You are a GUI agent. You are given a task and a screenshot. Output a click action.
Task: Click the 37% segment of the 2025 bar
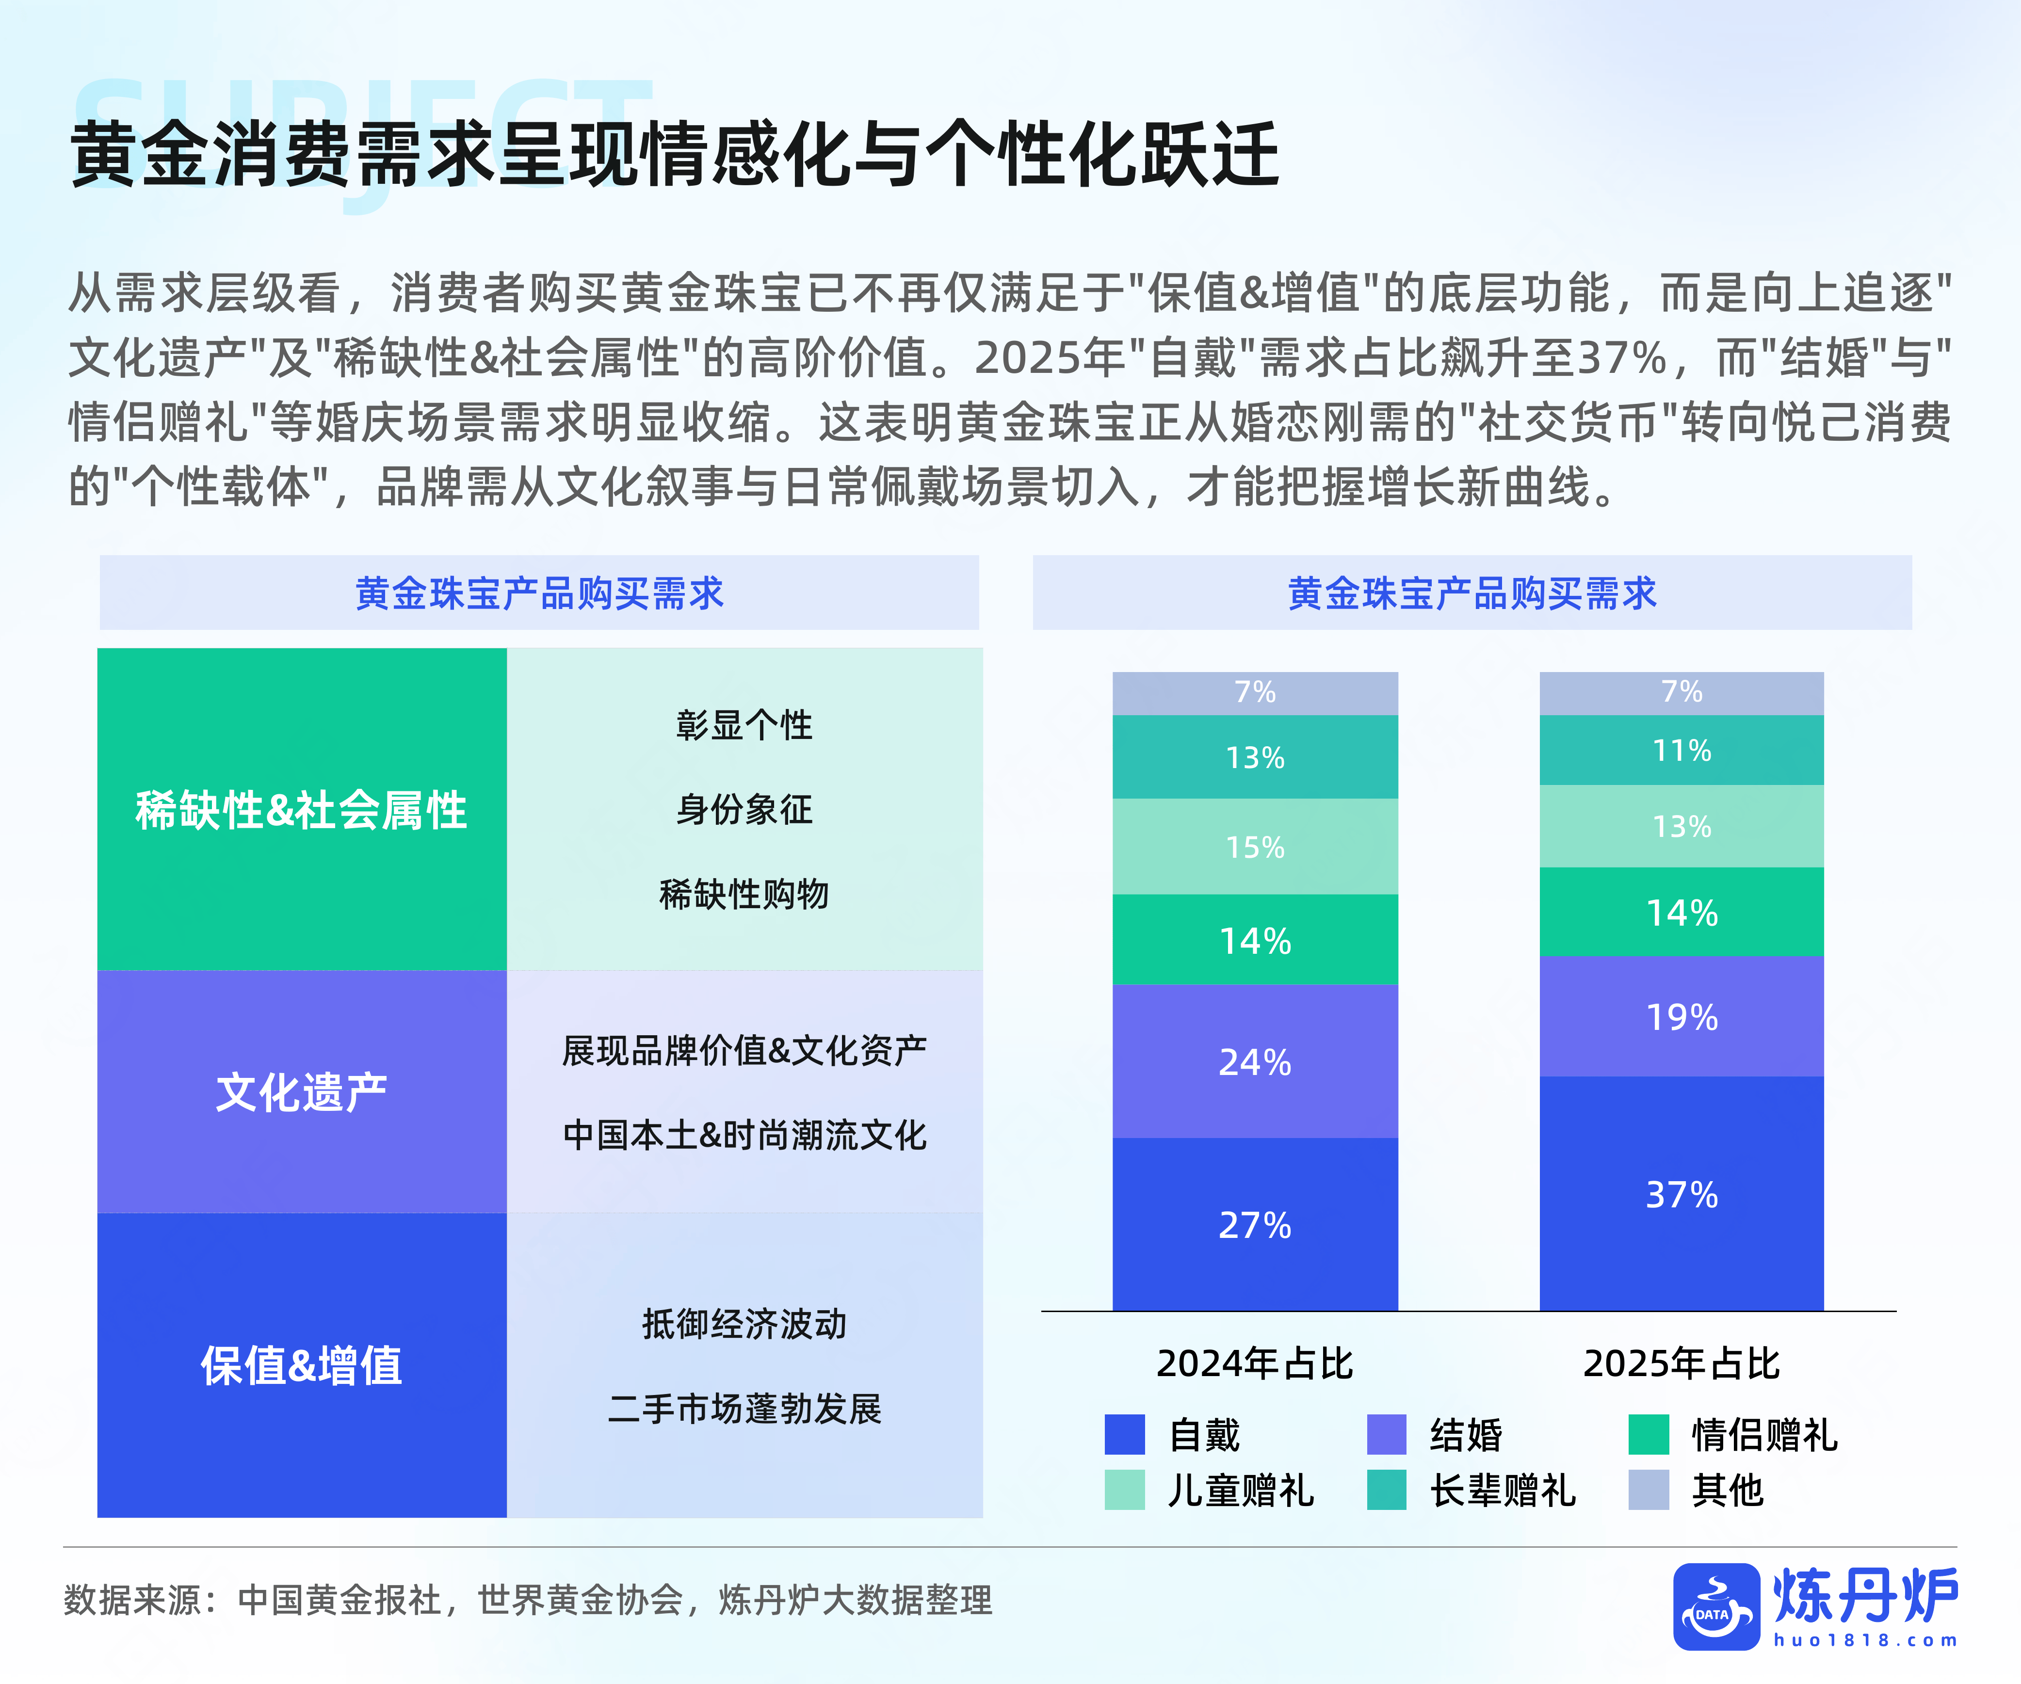pos(1681,1193)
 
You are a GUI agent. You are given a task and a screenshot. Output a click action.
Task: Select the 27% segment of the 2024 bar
pos(1255,1224)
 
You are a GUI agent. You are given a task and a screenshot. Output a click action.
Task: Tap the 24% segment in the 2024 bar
pos(1255,1061)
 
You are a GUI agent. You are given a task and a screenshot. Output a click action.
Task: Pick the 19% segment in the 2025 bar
pos(1681,1016)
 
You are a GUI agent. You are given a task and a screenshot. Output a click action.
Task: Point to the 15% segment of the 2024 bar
pos(1255,847)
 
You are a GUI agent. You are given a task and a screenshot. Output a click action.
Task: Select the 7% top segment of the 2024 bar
pos(1255,692)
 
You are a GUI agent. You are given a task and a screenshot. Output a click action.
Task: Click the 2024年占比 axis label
pos(1255,1363)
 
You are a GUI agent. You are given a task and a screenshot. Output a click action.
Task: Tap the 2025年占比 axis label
pos(1681,1363)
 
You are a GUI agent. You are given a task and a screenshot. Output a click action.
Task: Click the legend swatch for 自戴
pos(1124,1434)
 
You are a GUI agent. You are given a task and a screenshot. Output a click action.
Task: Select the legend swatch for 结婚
pos(1386,1434)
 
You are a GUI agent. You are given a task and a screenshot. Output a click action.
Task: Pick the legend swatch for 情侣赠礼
pos(1648,1434)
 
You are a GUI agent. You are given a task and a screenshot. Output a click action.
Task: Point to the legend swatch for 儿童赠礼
pos(1124,1490)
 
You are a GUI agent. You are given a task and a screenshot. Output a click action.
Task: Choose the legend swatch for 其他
pos(1648,1490)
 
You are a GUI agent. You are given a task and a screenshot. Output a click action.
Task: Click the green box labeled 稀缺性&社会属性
pos(301,809)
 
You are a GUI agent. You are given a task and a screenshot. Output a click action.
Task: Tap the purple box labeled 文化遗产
pos(301,1092)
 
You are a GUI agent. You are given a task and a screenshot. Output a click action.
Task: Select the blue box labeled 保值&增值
pos(301,1364)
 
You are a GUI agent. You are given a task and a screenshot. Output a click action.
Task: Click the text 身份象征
pos(744,809)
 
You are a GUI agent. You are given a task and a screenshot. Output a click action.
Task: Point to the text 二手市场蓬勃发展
pos(744,1408)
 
